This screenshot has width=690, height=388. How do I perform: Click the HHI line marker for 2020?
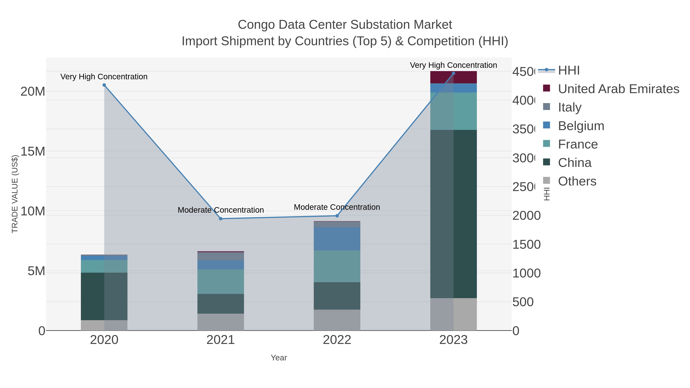(104, 85)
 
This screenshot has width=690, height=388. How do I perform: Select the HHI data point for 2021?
(221, 219)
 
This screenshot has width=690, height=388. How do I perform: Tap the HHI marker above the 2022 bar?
(337, 216)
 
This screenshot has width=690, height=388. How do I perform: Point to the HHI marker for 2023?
(453, 73)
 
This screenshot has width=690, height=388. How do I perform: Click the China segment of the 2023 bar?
(453, 214)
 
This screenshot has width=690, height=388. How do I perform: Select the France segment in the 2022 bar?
(337, 267)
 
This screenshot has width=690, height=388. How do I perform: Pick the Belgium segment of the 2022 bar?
(337, 239)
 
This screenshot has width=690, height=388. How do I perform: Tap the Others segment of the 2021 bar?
(221, 322)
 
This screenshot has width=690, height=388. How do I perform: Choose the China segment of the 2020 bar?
(104, 296)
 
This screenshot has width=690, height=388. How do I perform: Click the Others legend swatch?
(546, 180)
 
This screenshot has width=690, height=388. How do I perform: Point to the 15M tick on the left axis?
(33, 152)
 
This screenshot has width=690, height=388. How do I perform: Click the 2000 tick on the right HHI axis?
(526, 216)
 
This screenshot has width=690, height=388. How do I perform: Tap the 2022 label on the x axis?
(337, 340)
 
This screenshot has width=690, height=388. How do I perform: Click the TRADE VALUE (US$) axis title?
(15, 194)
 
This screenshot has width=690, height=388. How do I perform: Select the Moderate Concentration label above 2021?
(221, 210)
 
